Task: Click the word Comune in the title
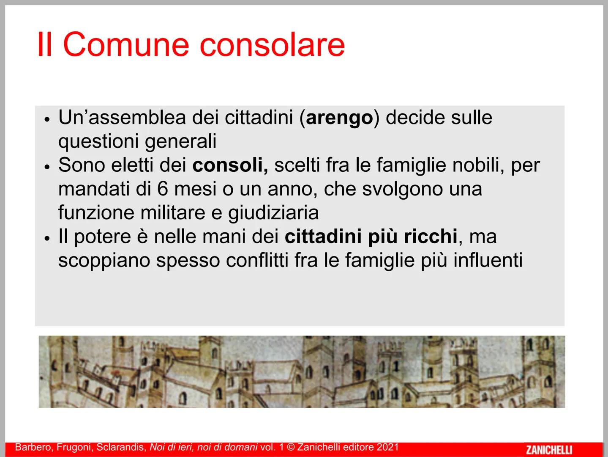point(126,44)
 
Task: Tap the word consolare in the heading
point(272,44)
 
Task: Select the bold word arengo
point(339,118)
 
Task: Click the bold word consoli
point(230,165)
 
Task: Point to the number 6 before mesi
point(163,189)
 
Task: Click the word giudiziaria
point(273,212)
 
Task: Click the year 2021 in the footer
point(388,447)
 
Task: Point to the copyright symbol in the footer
point(291,447)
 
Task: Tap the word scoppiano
point(104,261)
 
